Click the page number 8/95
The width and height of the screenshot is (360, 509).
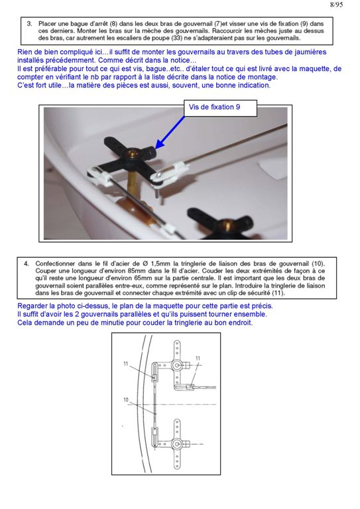click(x=336, y=5)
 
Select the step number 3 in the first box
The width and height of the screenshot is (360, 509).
click(x=29, y=24)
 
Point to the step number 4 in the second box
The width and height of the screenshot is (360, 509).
click(x=26, y=264)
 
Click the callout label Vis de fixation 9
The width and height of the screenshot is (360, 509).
click(x=215, y=107)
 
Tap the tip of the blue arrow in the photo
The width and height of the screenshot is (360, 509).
click(x=156, y=149)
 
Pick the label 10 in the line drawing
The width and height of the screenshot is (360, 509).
click(x=126, y=400)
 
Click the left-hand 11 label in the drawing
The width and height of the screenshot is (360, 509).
click(x=125, y=364)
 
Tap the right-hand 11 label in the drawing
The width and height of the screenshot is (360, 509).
click(x=198, y=358)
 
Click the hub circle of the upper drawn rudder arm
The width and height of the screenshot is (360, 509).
click(x=177, y=366)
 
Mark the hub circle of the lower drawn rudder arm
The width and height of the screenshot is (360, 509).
click(x=177, y=444)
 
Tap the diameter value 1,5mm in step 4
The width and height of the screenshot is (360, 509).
click(x=160, y=264)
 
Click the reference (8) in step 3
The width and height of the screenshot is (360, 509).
click(x=113, y=24)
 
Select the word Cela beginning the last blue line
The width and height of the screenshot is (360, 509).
click(x=25, y=323)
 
